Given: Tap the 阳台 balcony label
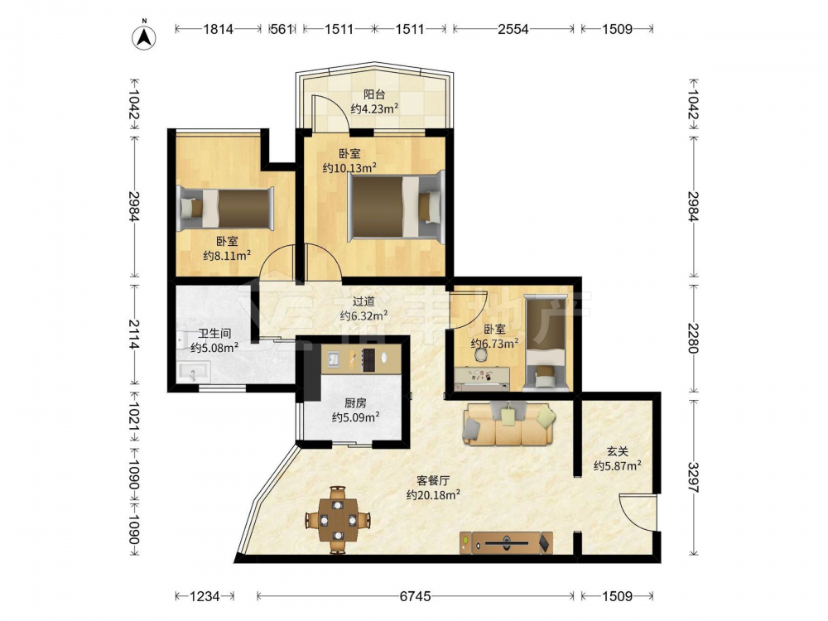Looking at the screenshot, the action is [x=374, y=95].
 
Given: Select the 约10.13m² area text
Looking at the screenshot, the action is [x=349, y=168].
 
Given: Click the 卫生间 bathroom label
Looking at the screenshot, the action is [x=214, y=334].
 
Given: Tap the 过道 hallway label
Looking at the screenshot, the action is [x=363, y=301].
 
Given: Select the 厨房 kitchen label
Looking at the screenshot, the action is [x=355, y=403].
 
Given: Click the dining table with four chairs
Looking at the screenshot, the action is [x=338, y=520].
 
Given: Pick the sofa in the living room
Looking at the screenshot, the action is [x=509, y=423].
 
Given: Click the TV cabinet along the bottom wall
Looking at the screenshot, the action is [x=507, y=542].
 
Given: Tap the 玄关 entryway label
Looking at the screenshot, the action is [x=618, y=452].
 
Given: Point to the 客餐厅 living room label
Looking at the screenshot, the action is [x=433, y=481].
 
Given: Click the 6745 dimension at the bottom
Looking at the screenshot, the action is [x=415, y=596].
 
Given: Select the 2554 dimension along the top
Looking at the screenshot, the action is [x=513, y=29].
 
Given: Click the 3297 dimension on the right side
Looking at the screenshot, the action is [x=693, y=478].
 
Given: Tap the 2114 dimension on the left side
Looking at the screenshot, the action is [x=134, y=335].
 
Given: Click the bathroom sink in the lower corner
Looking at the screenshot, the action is [x=193, y=372].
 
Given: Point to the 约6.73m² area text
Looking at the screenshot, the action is [x=494, y=344].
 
